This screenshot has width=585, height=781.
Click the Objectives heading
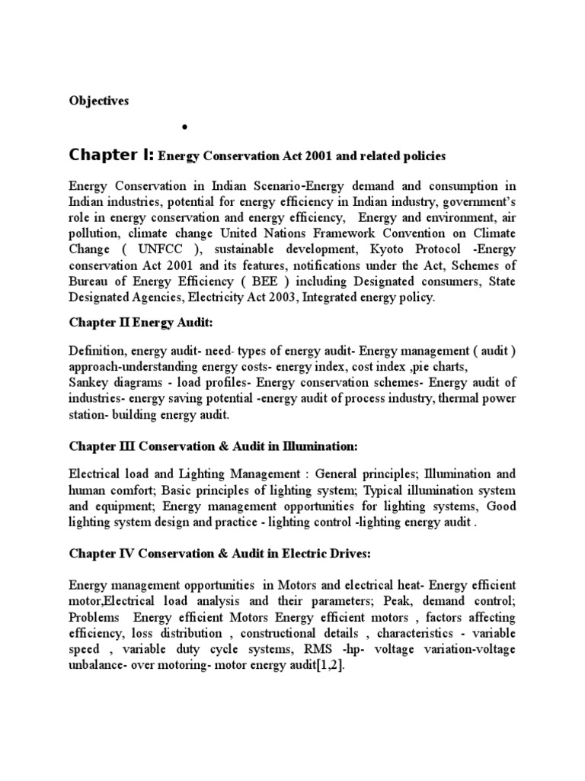click(x=99, y=101)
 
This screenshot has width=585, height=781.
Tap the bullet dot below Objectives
click(x=186, y=127)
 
